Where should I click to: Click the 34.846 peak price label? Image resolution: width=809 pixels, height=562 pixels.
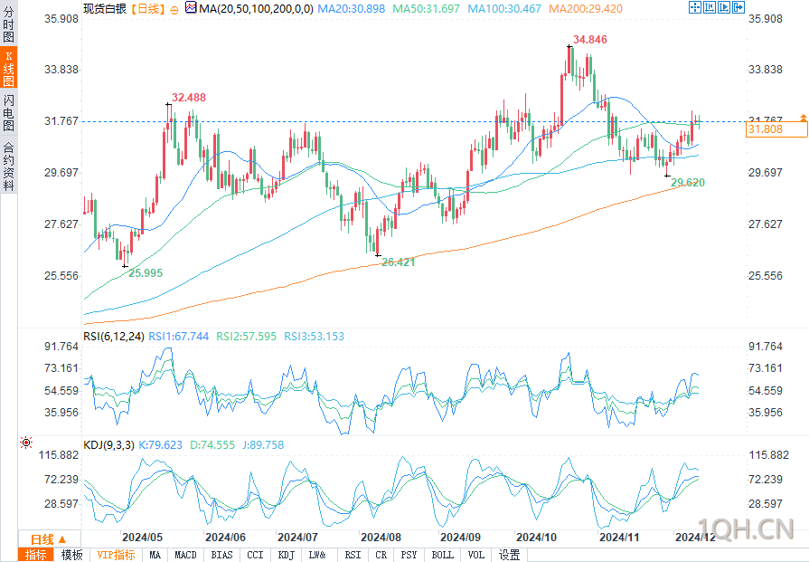pyautogui.click(x=589, y=40)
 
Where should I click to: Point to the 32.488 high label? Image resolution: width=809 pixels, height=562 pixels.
pyautogui.click(x=188, y=98)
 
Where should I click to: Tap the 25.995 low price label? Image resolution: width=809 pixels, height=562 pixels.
pyautogui.click(x=146, y=273)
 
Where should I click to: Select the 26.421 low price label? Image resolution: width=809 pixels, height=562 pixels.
pyautogui.click(x=398, y=262)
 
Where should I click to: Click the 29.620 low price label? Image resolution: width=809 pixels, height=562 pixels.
pyautogui.click(x=688, y=183)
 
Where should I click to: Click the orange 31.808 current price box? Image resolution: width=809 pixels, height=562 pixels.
pyautogui.click(x=776, y=129)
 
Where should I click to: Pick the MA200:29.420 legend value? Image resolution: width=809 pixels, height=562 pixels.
pyautogui.click(x=586, y=9)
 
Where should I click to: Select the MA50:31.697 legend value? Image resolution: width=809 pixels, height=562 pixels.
pyautogui.click(x=426, y=9)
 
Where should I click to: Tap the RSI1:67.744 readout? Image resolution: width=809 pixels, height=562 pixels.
pyautogui.click(x=178, y=337)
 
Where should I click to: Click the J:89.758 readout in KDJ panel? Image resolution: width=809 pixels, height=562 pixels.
pyautogui.click(x=263, y=444)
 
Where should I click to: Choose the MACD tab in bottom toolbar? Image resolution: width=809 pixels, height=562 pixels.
pyautogui.click(x=185, y=556)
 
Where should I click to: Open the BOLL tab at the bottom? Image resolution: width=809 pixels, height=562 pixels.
pyautogui.click(x=442, y=556)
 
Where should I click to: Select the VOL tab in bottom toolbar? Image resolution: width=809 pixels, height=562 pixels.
pyautogui.click(x=475, y=556)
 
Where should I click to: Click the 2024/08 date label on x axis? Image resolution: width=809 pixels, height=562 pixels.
pyautogui.click(x=381, y=538)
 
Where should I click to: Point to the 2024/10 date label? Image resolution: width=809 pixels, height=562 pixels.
pyautogui.click(x=536, y=538)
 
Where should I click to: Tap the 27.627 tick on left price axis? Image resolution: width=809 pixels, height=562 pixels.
pyautogui.click(x=61, y=224)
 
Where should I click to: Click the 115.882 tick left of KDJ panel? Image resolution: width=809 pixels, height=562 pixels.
pyautogui.click(x=58, y=455)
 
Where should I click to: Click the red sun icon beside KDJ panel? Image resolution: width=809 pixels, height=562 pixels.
pyautogui.click(x=26, y=443)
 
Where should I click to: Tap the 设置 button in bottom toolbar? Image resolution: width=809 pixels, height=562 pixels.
pyautogui.click(x=509, y=556)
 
